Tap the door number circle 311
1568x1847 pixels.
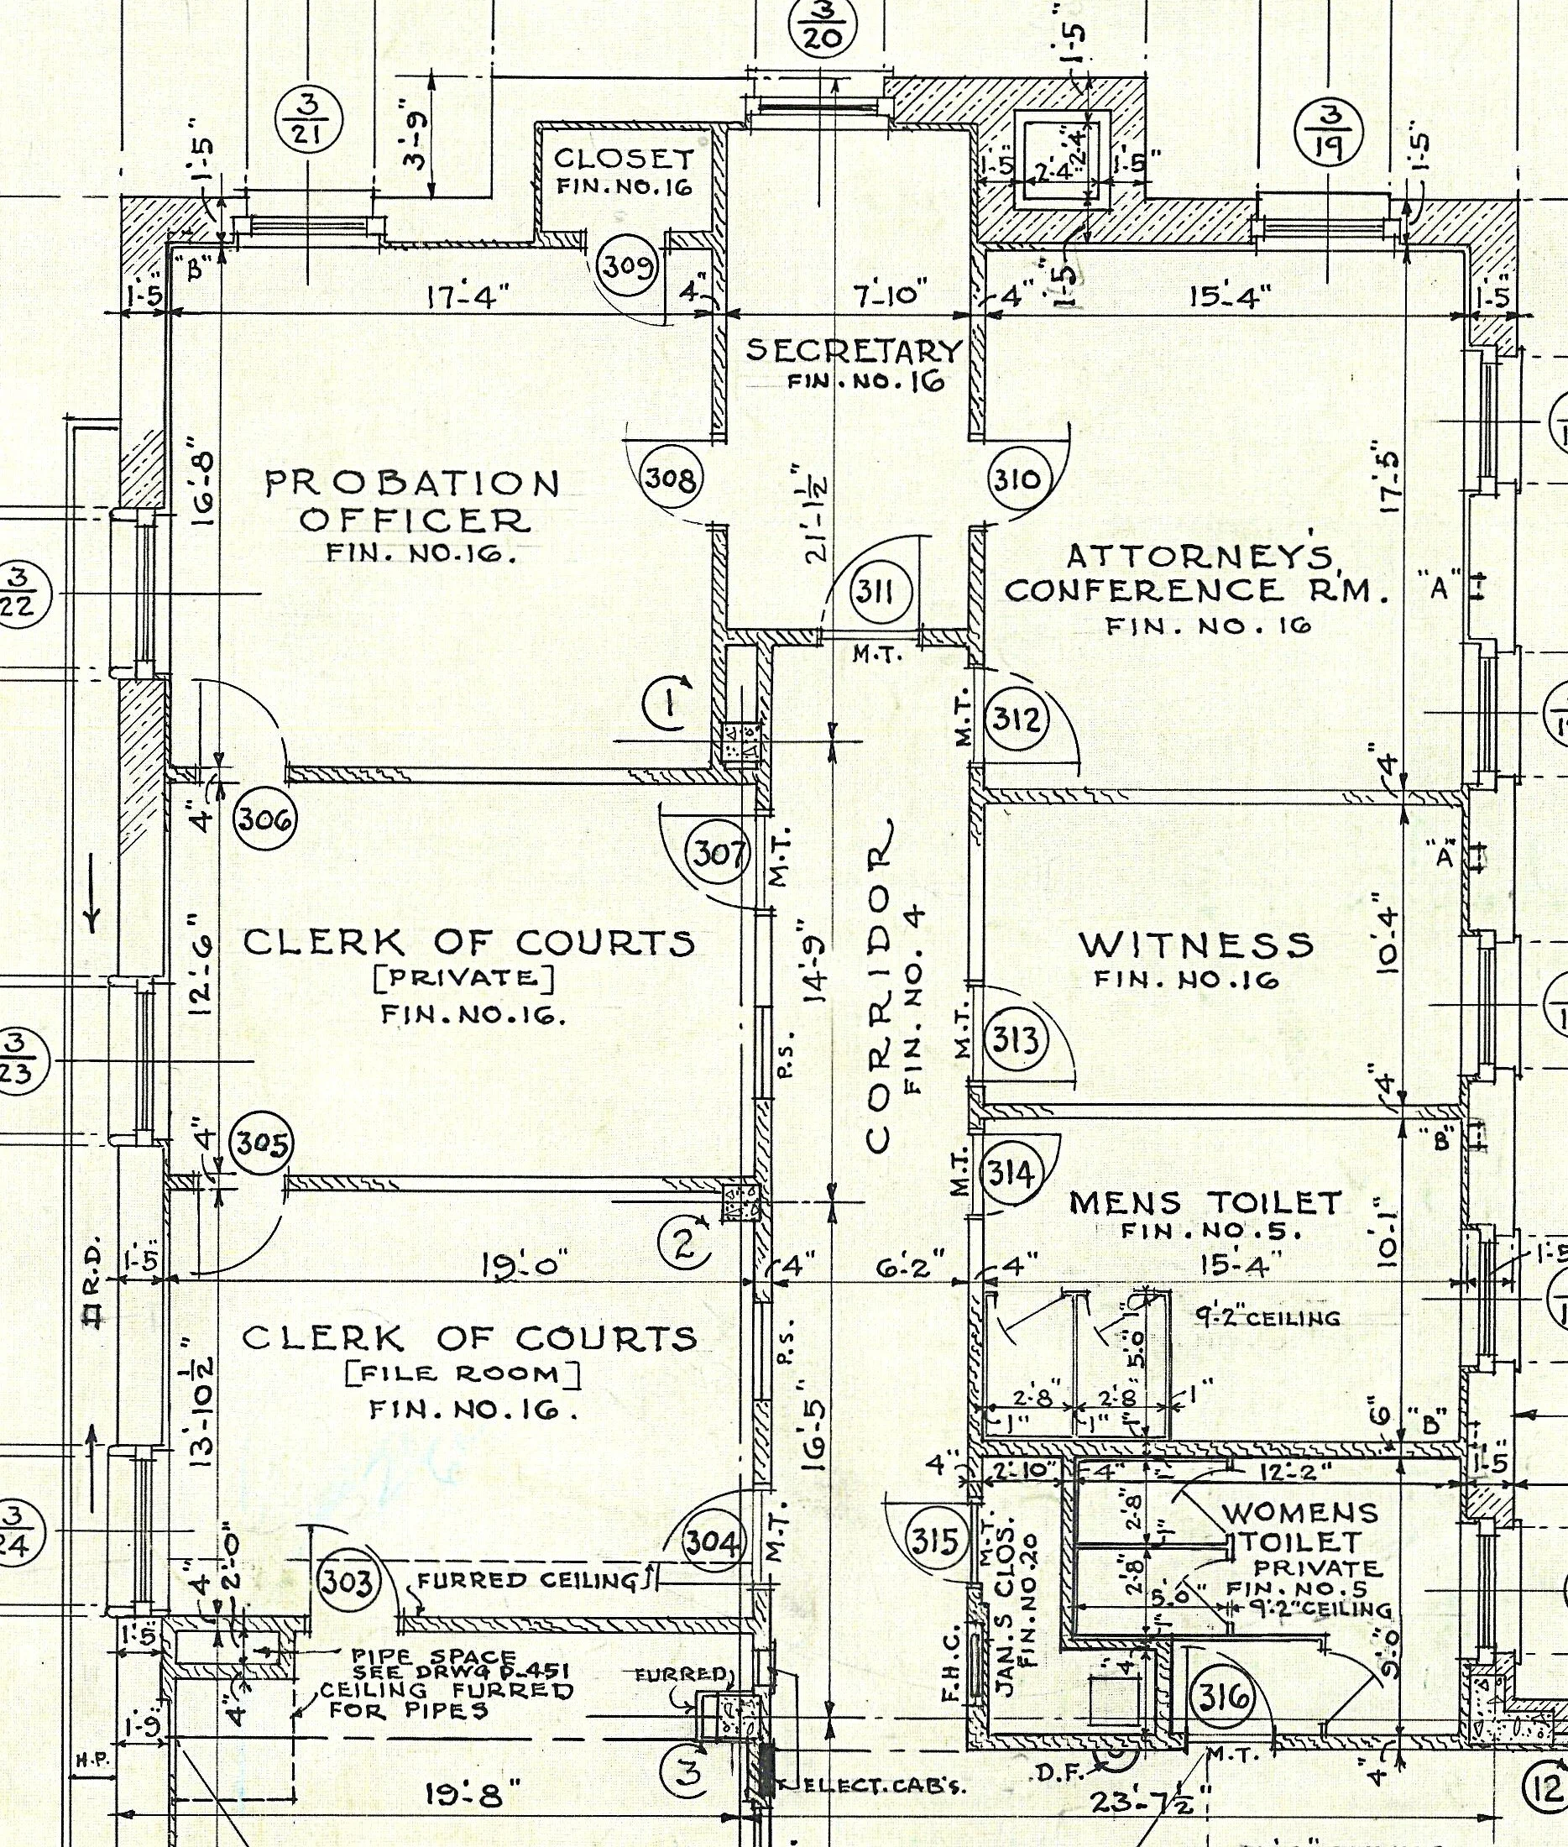pos(877,590)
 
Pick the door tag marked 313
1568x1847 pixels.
pos(1015,1039)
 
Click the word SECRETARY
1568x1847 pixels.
pos(854,350)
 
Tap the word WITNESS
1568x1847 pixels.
pos(1195,944)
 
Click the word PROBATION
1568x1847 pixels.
pos(412,484)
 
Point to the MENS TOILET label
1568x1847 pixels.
pos(1205,1202)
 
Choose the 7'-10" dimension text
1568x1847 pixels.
pos(890,294)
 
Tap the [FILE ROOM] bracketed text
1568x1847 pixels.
pos(463,1375)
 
